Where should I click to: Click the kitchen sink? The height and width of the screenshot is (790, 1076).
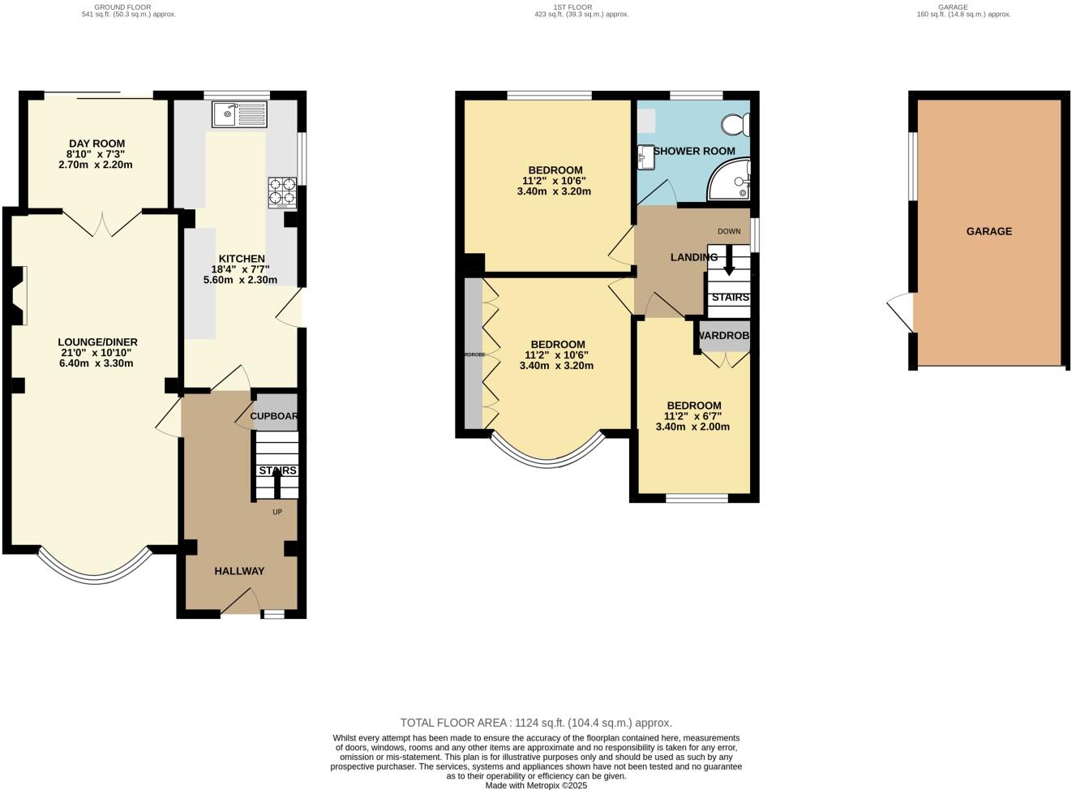tap(239, 114)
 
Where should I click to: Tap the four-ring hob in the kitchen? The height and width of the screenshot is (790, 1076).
tap(282, 191)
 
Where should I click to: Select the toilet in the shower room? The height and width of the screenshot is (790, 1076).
tap(736, 124)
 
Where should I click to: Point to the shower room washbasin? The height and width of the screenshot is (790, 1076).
tap(646, 157)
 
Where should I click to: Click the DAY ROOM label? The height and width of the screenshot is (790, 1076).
tap(96, 144)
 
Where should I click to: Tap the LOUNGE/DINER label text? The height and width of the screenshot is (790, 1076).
tap(97, 342)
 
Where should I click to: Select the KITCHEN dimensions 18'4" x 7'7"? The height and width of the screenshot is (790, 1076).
tap(240, 269)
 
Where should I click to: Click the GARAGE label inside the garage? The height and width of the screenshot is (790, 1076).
tap(988, 231)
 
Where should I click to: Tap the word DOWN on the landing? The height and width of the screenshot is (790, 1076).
tap(729, 231)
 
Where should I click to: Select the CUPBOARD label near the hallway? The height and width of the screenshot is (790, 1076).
tap(274, 416)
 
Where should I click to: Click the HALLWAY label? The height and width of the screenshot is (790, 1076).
tap(239, 571)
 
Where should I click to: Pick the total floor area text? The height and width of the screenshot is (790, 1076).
tap(536, 723)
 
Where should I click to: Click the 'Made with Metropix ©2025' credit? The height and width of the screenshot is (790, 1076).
tap(536, 785)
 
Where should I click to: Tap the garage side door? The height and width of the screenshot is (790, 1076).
tap(900, 313)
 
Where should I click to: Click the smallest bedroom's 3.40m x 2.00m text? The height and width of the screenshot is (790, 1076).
tap(693, 427)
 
